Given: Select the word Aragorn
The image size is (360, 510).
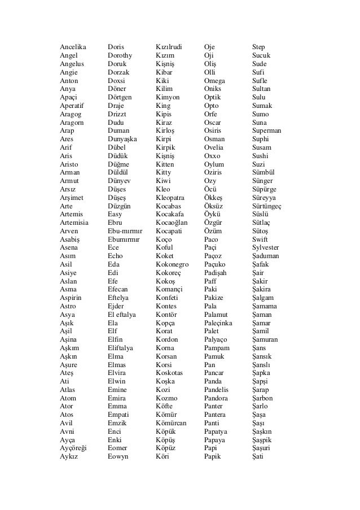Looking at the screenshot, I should click(x=72, y=123).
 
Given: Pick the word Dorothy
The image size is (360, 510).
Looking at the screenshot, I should click(x=120, y=55).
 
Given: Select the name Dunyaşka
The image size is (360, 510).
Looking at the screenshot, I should click(x=122, y=139).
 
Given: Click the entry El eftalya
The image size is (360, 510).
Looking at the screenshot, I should click(x=124, y=315).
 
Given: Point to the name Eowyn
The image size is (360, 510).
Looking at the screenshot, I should click(x=118, y=456).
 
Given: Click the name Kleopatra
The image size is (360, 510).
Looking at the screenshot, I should click(x=170, y=198).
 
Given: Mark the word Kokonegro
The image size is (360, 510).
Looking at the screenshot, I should click(x=173, y=264).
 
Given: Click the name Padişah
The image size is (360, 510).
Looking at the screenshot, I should click(x=217, y=273).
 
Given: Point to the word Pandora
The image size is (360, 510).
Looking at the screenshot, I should click(x=217, y=398).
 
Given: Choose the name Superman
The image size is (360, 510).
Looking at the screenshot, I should click(x=267, y=130).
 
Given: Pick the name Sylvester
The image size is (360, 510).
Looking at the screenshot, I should click(x=266, y=247).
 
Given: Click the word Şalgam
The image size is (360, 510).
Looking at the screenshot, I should click(x=263, y=298).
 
